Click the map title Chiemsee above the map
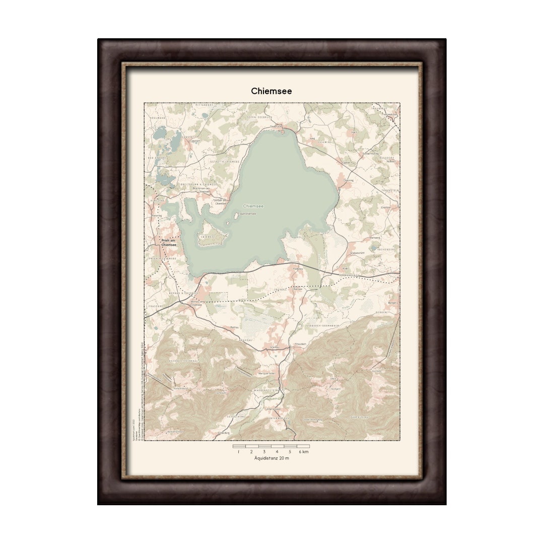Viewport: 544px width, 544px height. coord(271,91)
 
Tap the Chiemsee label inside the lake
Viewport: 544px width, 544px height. coord(253,206)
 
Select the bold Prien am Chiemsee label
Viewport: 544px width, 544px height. coord(168,242)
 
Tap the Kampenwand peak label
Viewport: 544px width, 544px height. coord(180,388)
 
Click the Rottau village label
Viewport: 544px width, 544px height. coord(234,328)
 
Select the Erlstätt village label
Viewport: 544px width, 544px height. coord(386,207)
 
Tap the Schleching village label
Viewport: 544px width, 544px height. coord(223,432)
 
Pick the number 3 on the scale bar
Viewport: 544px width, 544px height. coord(264,451)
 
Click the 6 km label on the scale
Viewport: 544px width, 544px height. coord(304,451)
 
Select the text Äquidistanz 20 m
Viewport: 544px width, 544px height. coord(271,458)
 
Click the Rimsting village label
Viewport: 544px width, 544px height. coord(157,215)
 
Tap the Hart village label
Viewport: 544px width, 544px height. coord(354,132)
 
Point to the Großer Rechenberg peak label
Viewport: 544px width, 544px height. coord(312,419)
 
